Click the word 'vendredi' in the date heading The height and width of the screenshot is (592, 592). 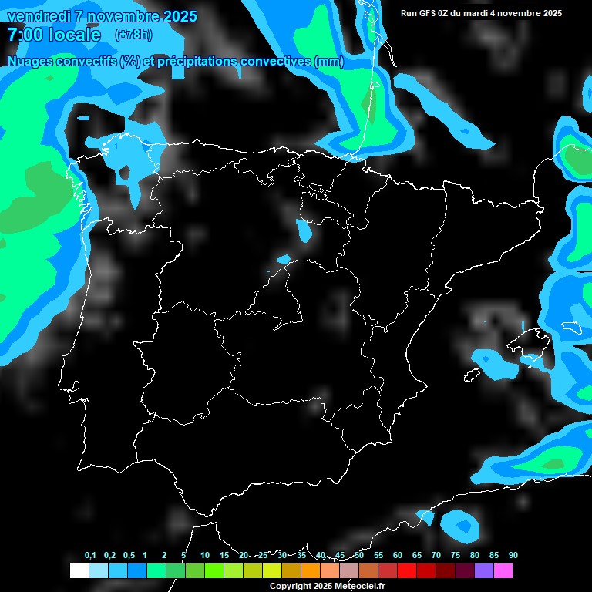36,16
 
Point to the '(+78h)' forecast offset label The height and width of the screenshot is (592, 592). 133,35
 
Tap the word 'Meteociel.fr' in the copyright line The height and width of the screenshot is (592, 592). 361,587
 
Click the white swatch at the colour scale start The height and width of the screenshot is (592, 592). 79,571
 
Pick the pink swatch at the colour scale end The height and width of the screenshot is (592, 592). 503,571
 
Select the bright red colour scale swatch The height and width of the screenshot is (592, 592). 406,571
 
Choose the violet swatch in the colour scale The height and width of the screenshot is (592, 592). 484,571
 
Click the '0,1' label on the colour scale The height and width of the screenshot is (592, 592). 90,556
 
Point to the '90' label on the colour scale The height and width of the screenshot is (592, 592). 513,556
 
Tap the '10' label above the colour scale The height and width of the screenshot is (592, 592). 204,556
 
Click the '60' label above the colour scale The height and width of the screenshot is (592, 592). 398,556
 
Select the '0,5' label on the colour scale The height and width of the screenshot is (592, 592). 129,556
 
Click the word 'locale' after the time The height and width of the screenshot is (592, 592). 74,35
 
